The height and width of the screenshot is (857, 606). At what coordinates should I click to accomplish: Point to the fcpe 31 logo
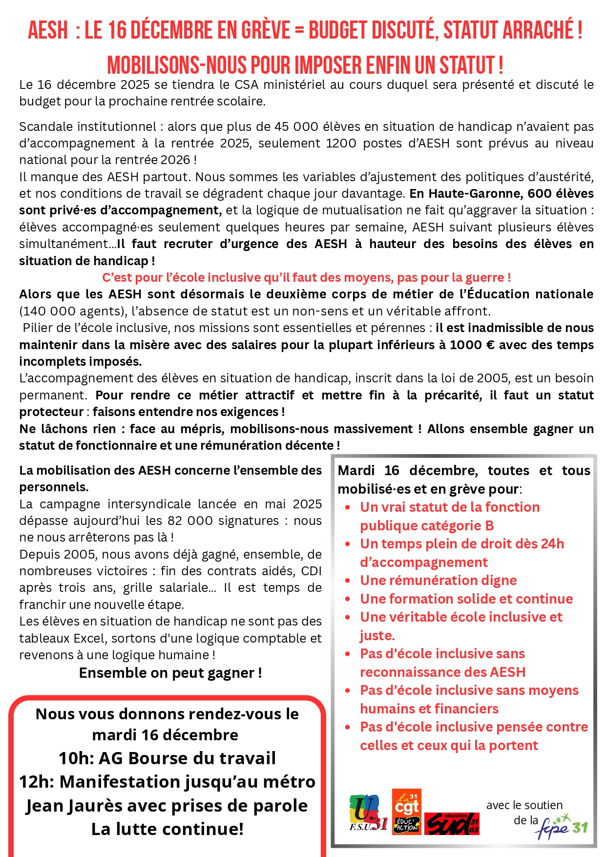coord(562,826)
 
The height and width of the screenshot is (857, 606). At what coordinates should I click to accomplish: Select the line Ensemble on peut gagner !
coord(170,673)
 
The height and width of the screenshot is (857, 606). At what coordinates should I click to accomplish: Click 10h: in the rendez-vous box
coord(76,758)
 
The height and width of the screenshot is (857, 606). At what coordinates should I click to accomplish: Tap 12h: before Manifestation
coord(37,782)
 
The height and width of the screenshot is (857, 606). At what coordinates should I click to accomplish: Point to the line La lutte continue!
coord(167,829)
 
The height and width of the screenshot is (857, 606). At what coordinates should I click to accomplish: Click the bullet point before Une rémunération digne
coord(348,581)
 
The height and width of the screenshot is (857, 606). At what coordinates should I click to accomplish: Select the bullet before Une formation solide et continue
coord(348,599)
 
